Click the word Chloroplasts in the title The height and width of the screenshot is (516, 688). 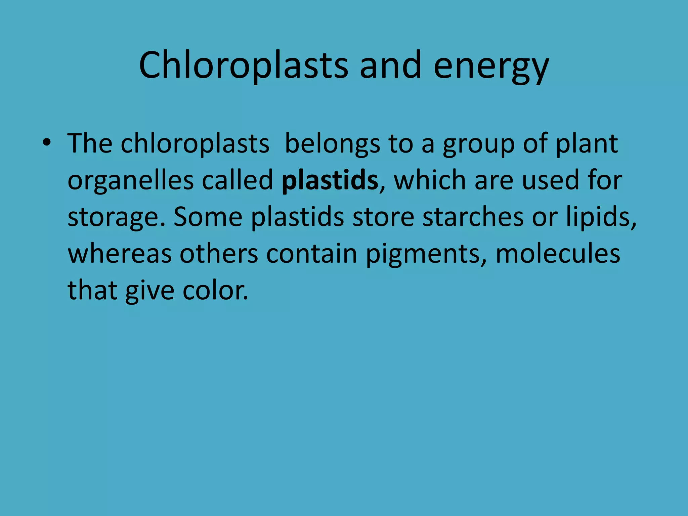pyautogui.click(x=243, y=66)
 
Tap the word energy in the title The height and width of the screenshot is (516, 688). pyautogui.click(x=491, y=66)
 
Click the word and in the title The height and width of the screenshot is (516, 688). pyautogui.click(x=390, y=66)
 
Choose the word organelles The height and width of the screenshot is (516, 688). pyautogui.click(x=131, y=181)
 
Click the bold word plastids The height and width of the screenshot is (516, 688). pyautogui.click(x=330, y=181)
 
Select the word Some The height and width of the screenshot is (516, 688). pyautogui.click(x=208, y=217)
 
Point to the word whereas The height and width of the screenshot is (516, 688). pyautogui.click(x=120, y=254)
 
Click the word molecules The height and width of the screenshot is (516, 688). pyautogui.click(x=558, y=254)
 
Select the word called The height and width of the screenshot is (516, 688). pyautogui.click(x=238, y=181)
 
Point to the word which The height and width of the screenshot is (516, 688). pyautogui.click(x=430, y=181)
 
